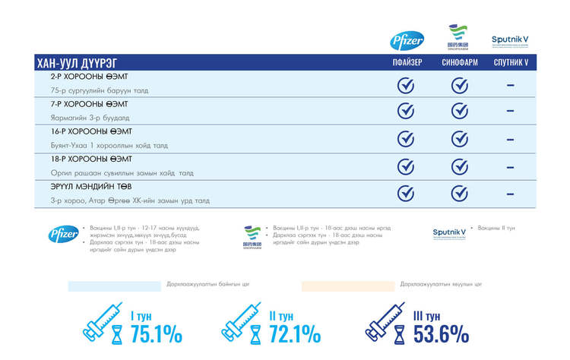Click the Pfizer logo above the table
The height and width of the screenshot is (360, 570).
(407, 40)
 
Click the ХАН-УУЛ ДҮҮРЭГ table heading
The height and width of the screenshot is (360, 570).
(77, 63)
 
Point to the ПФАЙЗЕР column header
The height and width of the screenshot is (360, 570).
(407, 63)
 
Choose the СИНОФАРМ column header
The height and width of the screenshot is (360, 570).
(460, 63)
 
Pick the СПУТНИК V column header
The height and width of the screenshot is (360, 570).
(510, 63)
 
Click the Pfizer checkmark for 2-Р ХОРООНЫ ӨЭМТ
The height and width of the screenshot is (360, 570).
(407, 85)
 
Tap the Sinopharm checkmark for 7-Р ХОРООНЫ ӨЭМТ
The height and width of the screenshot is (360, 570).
(460, 112)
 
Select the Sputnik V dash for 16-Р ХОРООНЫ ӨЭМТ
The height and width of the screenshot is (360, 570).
(510, 140)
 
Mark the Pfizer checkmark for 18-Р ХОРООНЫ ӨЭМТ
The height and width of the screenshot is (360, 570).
(407, 166)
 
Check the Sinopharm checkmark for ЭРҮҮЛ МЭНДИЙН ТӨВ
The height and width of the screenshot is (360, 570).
(460, 193)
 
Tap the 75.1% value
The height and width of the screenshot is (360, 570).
(157, 334)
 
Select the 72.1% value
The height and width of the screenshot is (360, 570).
(295, 334)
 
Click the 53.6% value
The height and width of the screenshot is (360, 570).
(441, 334)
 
